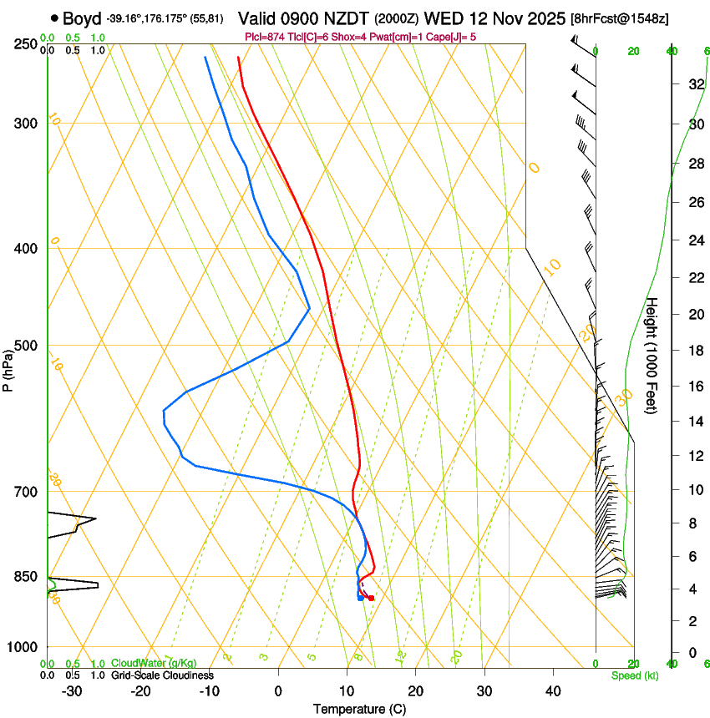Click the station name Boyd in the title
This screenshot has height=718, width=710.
81,18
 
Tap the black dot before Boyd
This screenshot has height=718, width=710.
54,18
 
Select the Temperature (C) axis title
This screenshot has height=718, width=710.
359,710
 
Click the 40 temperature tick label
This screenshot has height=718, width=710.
553,691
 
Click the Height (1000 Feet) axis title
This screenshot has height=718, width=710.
652,355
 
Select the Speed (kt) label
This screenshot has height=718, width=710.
634,675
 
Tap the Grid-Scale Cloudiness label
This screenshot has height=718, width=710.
162,675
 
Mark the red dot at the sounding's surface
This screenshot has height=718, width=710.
371,598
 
